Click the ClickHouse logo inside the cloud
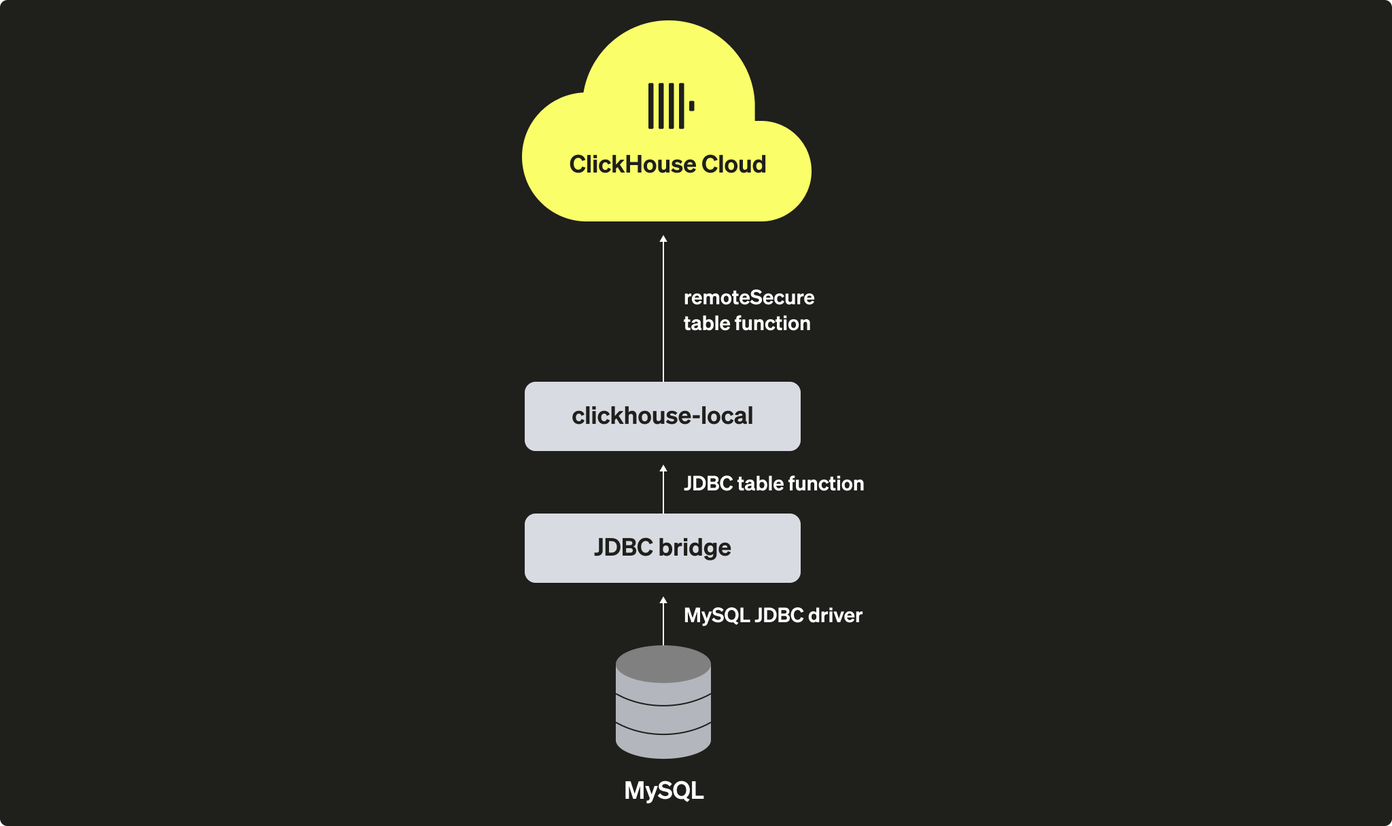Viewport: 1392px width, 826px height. click(x=670, y=106)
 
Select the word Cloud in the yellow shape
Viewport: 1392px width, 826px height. click(x=733, y=164)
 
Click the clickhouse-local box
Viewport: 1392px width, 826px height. click(x=662, y=416)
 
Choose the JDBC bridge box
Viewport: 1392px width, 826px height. click(x=662, y=547)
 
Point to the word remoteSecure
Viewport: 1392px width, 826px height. click(x=748, y=298)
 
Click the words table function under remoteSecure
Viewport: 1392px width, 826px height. click(x=746, y=323)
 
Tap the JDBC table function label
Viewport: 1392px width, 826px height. click(x=773, y=484)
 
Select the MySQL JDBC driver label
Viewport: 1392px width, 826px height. click(x=772, y=615)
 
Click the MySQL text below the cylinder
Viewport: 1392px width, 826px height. click(x=663, y=791)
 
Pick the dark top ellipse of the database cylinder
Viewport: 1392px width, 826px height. click(x=663, y=663)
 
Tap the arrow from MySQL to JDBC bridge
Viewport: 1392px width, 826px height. click(x=663, y=622)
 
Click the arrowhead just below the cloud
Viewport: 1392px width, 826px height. click(x=663, y=239)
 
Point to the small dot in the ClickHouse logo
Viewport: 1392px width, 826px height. click(x=692, y=106)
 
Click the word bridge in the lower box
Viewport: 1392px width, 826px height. click(x=694, y=547)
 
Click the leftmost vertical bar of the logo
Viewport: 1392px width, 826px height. click(x=650, y=106)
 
